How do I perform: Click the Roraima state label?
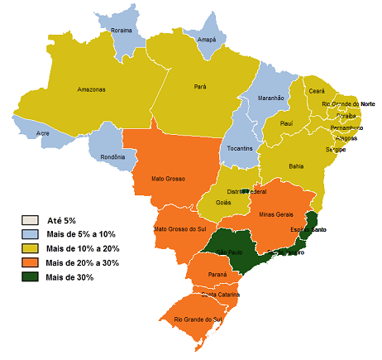point(122,30)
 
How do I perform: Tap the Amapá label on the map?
point(208,40)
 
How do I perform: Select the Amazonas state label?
point(91,89)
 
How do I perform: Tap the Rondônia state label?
point(112,157)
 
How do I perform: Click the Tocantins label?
point(241,148)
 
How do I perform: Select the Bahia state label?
point(296,166)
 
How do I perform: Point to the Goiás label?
point(222,201)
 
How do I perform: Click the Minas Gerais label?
point(278,214)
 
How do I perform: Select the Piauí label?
point(286,123)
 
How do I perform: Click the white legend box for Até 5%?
point(30,221)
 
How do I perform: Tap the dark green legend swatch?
point(30,277)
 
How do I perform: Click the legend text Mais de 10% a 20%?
point(83,249)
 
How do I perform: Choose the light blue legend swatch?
point(30,235)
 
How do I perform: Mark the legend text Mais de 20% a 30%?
point(83,263)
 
